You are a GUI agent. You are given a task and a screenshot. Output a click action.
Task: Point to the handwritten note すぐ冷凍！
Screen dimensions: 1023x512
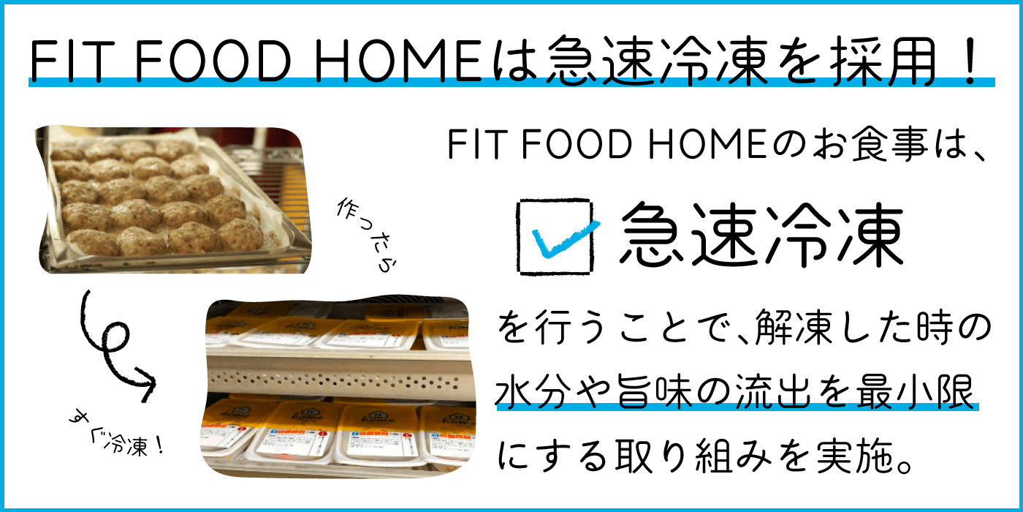point(116,434)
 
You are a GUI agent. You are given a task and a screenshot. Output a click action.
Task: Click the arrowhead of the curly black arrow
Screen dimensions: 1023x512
point(147,383)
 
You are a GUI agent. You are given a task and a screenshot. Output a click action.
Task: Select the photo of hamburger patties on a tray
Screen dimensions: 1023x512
point(174,200)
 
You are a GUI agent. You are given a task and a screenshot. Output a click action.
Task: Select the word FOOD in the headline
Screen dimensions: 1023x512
point(213,61)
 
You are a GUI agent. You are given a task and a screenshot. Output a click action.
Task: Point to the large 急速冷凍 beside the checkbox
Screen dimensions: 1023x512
point(761,235)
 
